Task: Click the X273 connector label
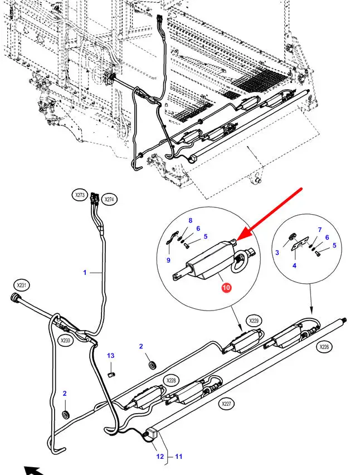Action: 80,195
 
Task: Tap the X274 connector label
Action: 109,200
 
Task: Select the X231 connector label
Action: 21,285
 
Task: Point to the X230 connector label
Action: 66,341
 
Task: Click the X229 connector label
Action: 254,321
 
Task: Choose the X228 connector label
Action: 171,380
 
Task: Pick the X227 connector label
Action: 226,403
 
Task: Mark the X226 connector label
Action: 323,346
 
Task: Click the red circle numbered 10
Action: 226,288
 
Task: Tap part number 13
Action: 110,356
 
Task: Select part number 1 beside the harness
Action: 85,273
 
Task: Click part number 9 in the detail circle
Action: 168,260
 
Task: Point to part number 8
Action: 190,221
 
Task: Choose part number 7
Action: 319,230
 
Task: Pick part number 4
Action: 294,265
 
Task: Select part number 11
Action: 179,457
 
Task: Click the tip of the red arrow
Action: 237,240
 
